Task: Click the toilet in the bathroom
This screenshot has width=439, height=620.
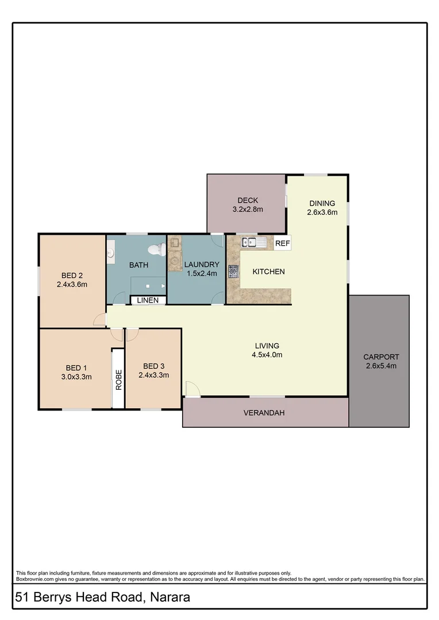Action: tap(157, 250)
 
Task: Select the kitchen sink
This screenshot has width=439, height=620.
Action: tap(253, 242)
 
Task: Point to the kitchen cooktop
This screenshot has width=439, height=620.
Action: tap(233, 272)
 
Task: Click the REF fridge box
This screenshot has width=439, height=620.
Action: tap(282, 243)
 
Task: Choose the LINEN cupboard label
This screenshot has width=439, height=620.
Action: tap(148, 300)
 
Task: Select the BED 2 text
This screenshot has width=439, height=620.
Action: tap(72, 275)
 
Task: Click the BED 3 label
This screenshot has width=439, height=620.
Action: tap(153, 366)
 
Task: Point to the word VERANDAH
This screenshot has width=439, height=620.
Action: tap(264, 413)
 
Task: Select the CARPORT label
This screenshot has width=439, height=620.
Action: tap(381, 356)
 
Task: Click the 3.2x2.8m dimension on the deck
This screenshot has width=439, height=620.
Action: tap(247, 210)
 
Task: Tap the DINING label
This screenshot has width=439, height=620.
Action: tap(322, 203)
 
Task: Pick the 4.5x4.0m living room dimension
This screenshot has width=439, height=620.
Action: tap(267, 355)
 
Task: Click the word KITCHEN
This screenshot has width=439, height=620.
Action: tap(268, 271)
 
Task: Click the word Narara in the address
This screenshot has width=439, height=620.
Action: tap(170, 598)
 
